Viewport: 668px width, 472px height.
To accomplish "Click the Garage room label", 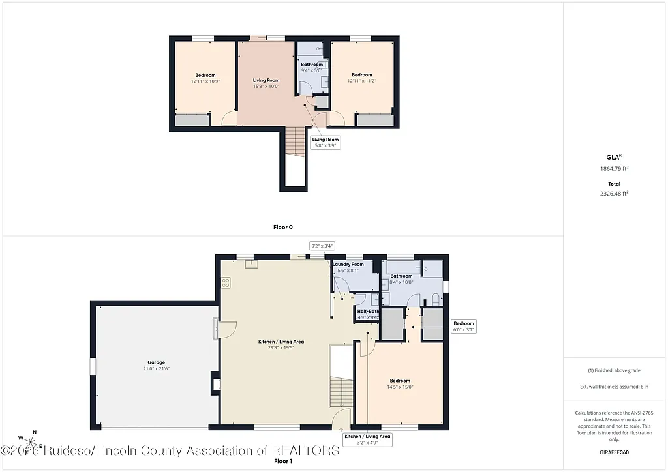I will (156, 362).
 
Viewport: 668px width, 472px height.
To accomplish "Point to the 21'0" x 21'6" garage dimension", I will (156, 369).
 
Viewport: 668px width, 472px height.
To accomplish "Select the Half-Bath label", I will (368, 312).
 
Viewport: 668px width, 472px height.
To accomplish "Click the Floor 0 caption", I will (282, 228).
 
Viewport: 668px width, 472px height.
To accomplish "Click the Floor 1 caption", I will (282, 461).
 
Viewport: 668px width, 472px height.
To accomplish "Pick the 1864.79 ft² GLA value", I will (615, 168).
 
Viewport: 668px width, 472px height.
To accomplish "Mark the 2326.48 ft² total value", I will (615, 193).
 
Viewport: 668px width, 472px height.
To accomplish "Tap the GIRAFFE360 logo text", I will (615, 452).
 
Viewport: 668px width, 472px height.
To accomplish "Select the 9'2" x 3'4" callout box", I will (322, 246).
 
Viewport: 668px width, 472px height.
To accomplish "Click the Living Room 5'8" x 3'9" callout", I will (325, 142).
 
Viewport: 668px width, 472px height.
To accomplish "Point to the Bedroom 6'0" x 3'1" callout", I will (464, 327).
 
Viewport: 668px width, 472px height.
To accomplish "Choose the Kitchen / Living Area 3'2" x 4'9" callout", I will (367, 439).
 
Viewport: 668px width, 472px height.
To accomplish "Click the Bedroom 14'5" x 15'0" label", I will (400, 383).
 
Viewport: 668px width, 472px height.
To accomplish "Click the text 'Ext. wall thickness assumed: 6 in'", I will (615, 387).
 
